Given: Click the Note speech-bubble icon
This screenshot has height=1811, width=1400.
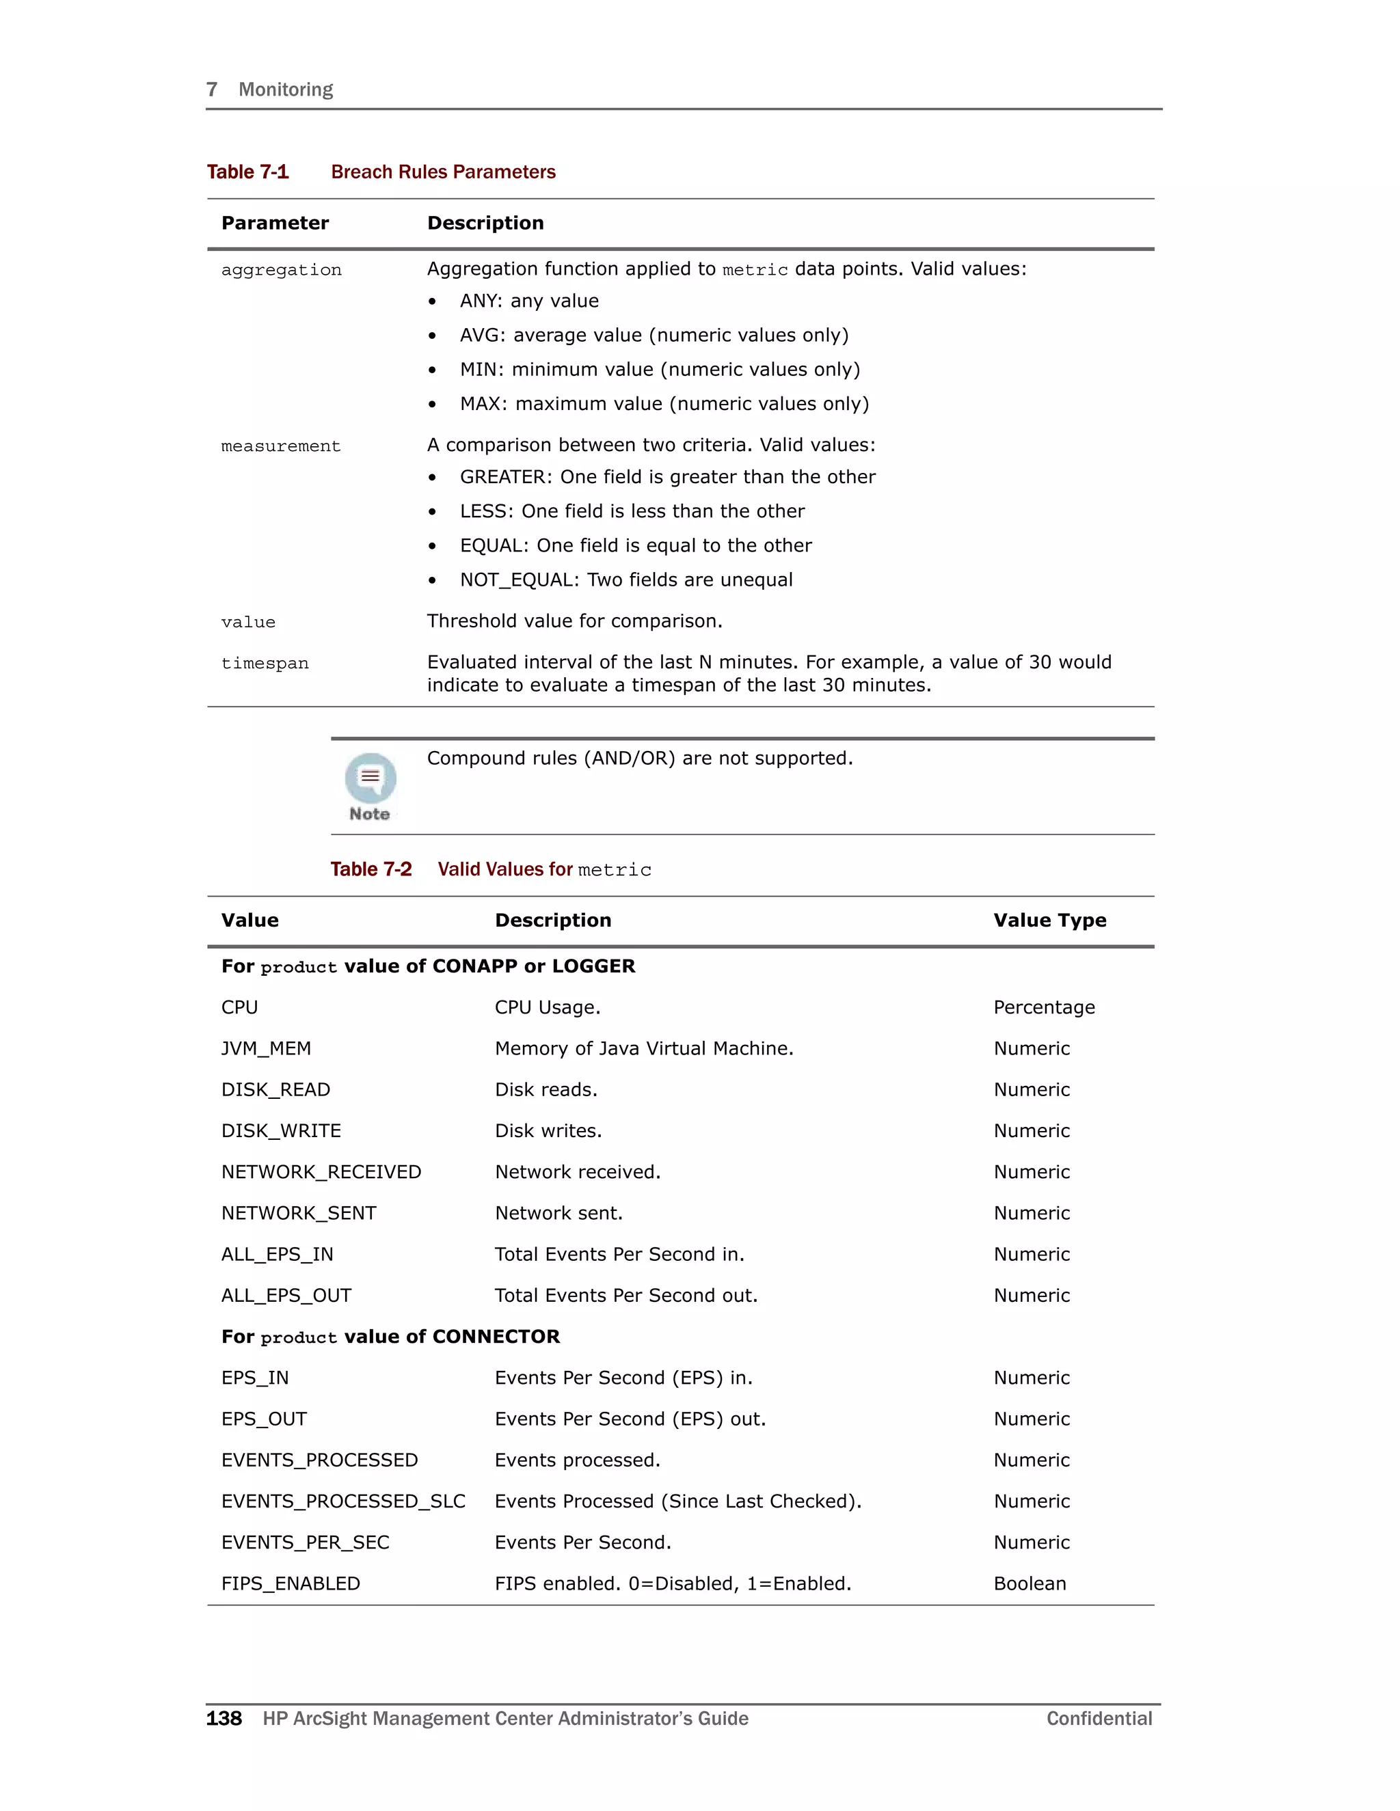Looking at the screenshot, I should click(370, 777).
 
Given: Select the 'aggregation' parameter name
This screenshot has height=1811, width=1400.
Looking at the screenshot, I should click(281, 271).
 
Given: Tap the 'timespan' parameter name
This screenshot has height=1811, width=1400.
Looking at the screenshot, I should click(265, 664).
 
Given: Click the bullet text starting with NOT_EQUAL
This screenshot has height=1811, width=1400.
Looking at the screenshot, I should click(626, 580).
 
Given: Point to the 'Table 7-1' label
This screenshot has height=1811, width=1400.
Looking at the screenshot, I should click(247, 172).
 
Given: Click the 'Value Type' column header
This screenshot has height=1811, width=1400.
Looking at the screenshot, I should click(1049, 921).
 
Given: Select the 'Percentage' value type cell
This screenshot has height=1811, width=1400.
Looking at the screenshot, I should click(1043, 1007).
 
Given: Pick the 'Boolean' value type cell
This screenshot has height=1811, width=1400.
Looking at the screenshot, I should click(1029, 1584).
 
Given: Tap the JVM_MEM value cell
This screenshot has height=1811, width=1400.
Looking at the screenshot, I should click(265, 1049).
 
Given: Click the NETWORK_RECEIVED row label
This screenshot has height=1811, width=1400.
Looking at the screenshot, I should click(321, 1173).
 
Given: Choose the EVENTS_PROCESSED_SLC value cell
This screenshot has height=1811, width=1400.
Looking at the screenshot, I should click(343, 1501).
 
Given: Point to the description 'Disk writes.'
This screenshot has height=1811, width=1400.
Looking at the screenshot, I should click(548, 1131).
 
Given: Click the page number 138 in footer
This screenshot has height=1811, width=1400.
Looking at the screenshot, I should click(224, 1719).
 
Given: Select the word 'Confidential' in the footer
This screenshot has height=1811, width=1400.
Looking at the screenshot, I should click(1099, 1719).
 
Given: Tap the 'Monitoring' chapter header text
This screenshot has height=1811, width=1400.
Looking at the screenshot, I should click(285, 90).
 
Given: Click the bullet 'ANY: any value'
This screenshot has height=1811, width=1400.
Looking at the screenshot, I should click(529, 301).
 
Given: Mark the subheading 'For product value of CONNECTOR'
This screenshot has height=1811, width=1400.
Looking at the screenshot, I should click(390, 1337).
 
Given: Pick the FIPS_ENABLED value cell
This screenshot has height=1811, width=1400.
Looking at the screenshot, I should click(291, 1584).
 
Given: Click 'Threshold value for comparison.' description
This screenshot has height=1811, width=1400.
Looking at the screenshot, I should click(575, 621).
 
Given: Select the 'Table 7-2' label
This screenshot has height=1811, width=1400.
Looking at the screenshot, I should click(371, 869).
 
